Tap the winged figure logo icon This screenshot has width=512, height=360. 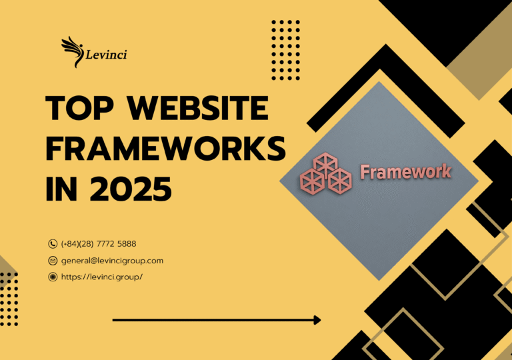point(72,49)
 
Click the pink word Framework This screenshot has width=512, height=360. point(405,172)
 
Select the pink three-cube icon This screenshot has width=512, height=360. point(325,171)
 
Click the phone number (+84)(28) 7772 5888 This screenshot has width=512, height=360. point(99,244)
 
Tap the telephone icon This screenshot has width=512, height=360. point(53,244)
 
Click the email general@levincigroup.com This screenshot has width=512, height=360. point(112,261)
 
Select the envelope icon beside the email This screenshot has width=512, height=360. point(53,261)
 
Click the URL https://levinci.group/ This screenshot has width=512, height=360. point(102,277)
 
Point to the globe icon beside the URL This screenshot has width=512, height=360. point(53,277)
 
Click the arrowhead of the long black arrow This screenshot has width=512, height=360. point(316,321)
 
